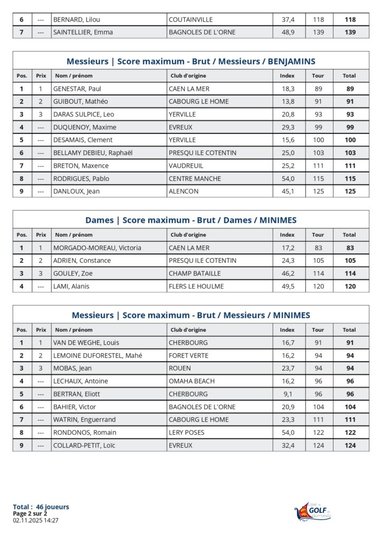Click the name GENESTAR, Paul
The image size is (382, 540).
pos(77,89)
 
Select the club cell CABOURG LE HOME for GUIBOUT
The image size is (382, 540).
pos(198,102)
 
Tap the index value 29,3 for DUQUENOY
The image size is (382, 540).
pos(288,127)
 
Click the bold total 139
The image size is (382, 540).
pos(349,32)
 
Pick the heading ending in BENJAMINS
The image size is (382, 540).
pos(191,62)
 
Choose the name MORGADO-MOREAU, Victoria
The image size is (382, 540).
pos(97,248)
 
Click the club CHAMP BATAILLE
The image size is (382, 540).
pos(195,274)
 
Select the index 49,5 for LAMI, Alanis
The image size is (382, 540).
pos(288,286)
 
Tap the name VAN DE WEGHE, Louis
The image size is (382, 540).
pos(86,343)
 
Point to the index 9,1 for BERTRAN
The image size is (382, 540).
pos(288,394)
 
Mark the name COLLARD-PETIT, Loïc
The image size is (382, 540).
pos(84,446)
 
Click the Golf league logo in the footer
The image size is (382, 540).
pos(313,511)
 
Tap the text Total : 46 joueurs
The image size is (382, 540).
pos(41,507)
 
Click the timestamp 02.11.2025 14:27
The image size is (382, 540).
pos(35,520)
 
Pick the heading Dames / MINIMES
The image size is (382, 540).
pos(191,220)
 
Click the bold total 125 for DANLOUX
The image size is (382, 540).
pos(349,191)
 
